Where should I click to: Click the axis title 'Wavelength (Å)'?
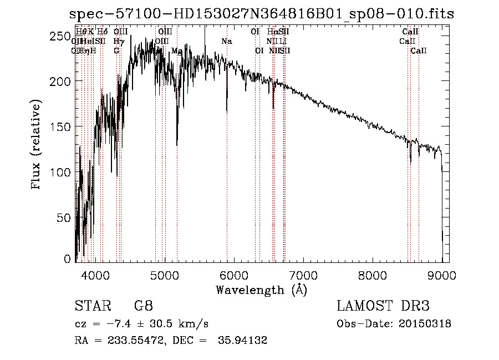point(261,290)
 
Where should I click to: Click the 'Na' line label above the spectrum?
point(226,42)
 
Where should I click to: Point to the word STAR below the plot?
point(91,306)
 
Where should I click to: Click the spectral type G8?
point(143,306)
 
